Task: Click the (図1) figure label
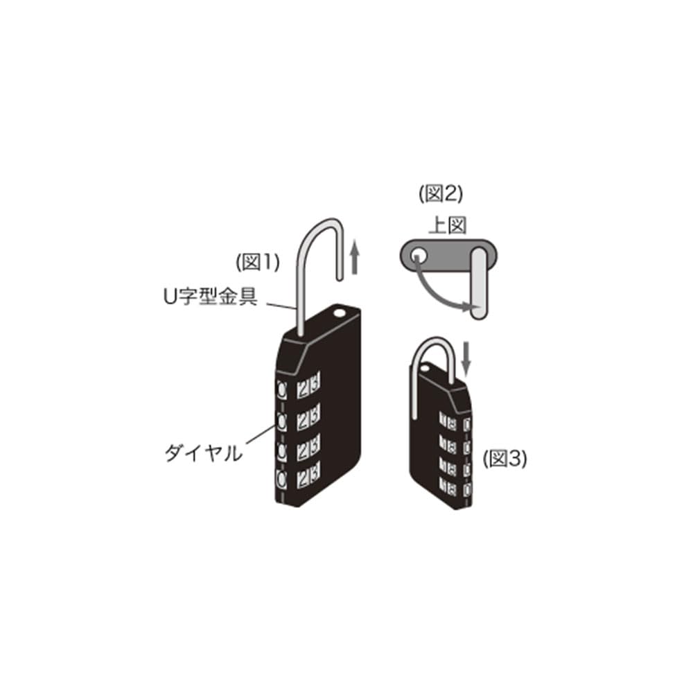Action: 257,262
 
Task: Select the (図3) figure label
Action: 505,459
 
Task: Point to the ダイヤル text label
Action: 203,453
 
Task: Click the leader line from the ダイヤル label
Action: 259,435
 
